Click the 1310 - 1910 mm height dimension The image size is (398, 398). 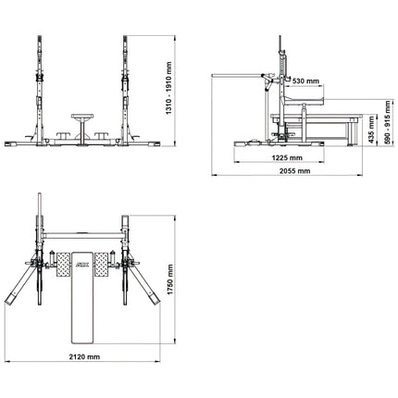click(168, 89)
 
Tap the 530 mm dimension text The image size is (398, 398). click(305, 81)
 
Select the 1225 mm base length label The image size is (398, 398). click(287, 157)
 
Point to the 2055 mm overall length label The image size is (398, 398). click(294, 170)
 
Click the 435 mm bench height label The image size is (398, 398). click(371, 130)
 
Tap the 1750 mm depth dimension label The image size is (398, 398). click(170, 280)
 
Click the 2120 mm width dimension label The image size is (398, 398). click(84, 356)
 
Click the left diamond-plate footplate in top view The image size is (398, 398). click(63, 265)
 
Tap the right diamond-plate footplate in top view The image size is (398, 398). click(102, 265)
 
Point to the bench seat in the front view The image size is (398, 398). click(82, 117)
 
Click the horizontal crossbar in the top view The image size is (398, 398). click(82, 236)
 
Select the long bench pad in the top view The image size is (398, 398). click(82, 298)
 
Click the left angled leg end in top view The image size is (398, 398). click(10, 299)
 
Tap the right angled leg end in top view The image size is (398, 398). click(155, 299)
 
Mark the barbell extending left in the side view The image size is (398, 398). click(236, 75)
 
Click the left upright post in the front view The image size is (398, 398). click(40, 90)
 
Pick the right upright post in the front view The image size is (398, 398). click(125, 90)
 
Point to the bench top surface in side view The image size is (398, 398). click(316, 117)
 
